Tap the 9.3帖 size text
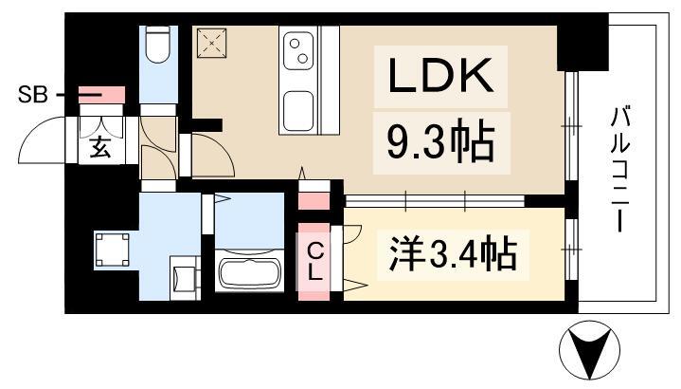pos(439,141)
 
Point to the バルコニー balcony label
pos(621,172)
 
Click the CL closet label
pos(314,259)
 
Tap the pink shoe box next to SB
pos(101,94)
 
